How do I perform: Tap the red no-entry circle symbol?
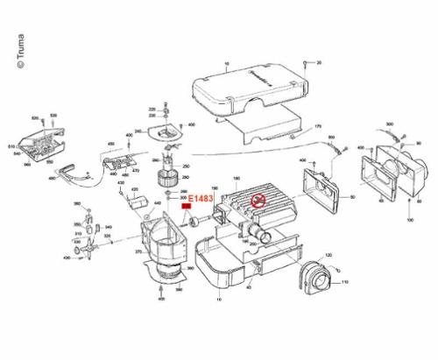[258, 202]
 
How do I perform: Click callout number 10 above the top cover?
[226, 64]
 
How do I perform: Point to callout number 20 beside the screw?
[319, 63]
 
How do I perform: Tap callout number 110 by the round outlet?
[344, 281]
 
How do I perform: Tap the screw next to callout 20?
[304, 63]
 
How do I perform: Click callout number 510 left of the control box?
[11, 145]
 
